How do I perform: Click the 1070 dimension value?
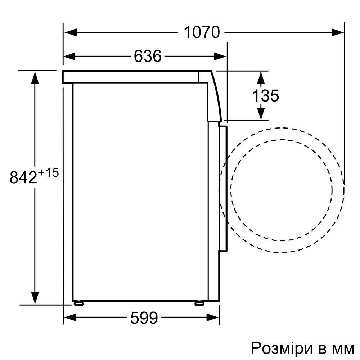pyautogui.click(x=202, y=32)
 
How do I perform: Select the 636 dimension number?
pyautogui.click(x=148, y=56)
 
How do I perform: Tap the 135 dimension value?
pyautogui.click(x=265, y=95)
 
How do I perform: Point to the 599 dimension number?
pyautogui.click(x=144, y=318)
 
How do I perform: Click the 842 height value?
pyautogui.click(x=23, y=177)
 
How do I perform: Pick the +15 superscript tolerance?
pyautogui.click(x=48, y=173)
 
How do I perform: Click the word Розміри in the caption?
pyautogui.click(x=282, y=348)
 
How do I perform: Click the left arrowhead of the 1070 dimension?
pyautogui.click(x=70, y=32)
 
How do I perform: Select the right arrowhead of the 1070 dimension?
pyautogui.click(x=338, y=32)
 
